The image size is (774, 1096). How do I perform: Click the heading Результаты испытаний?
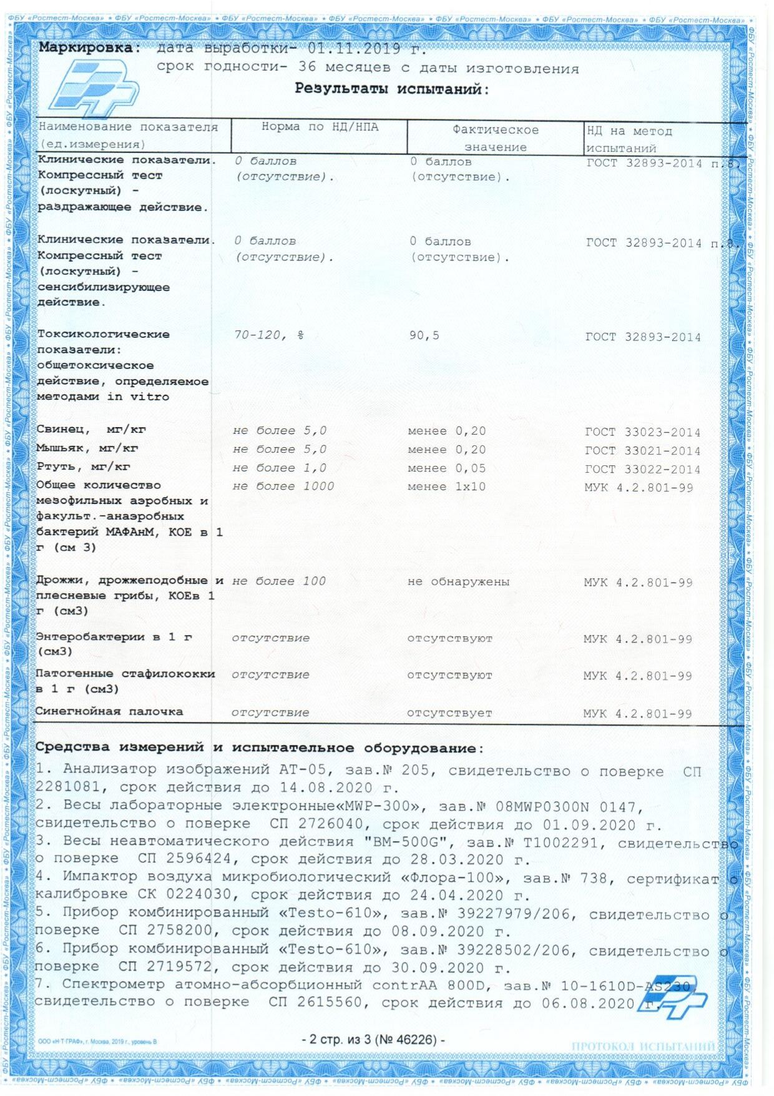(391, 89)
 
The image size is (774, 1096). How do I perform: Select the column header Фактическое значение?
(495, 138)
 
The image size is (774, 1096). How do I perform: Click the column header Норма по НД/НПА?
(320, 127)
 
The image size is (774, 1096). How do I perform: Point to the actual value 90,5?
(424, 335)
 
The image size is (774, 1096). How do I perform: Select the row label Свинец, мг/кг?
(91, 430)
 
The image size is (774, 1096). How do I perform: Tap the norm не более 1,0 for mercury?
(279, 468)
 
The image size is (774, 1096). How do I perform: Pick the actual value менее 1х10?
(446, 487)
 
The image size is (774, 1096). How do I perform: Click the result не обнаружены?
(458, 582)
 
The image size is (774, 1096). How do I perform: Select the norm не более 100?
(279, 581)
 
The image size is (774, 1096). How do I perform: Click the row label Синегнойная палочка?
(109, 711)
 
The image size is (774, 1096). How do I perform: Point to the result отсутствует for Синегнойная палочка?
(449, 713)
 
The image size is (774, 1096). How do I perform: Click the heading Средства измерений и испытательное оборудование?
(259, 748)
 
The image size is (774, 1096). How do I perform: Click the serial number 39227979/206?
(514, 914)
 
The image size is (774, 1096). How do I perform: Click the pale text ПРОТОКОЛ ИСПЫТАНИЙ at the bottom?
(643, 1046)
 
